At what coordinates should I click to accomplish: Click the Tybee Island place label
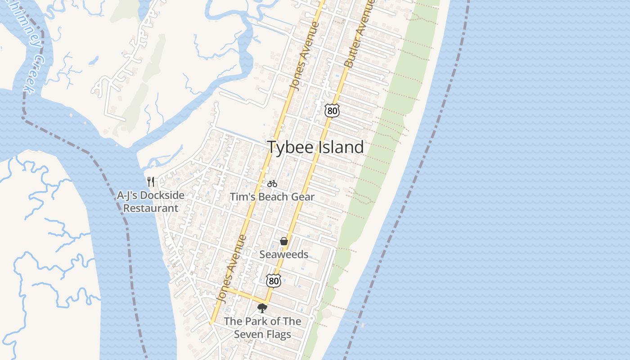click(315, 147)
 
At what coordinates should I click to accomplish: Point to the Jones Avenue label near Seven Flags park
click(231, 269)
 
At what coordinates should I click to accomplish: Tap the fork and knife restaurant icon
click(151, 182)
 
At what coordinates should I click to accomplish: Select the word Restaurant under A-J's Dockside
click(151, 208)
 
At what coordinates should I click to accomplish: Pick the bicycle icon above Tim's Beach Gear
click(272, 184)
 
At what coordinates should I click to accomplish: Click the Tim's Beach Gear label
click(272, 197)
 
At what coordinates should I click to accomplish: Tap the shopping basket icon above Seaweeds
click(284, 242)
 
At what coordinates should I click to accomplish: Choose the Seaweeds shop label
click(284, 254)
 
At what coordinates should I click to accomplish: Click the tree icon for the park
click(262, 308)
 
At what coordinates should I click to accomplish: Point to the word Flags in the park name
click(279, 334)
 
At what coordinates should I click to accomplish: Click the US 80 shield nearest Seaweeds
click(273, 281)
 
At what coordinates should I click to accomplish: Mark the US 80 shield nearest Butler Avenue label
click(332, 110)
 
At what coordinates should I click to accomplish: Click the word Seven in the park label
click(248, 334)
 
